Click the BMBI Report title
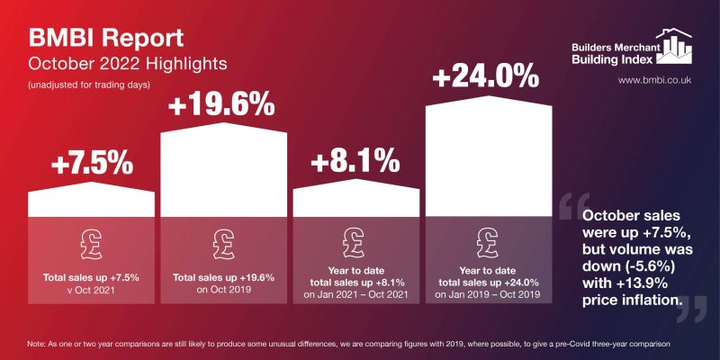pos(107,39)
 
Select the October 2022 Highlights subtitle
pos(126,65)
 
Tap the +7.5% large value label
pos(92,164)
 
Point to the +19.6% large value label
pos(222,105)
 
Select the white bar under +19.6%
pos(224,171)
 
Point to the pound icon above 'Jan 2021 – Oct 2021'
pos(356,241)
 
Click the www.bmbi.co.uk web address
pos(654,81)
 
